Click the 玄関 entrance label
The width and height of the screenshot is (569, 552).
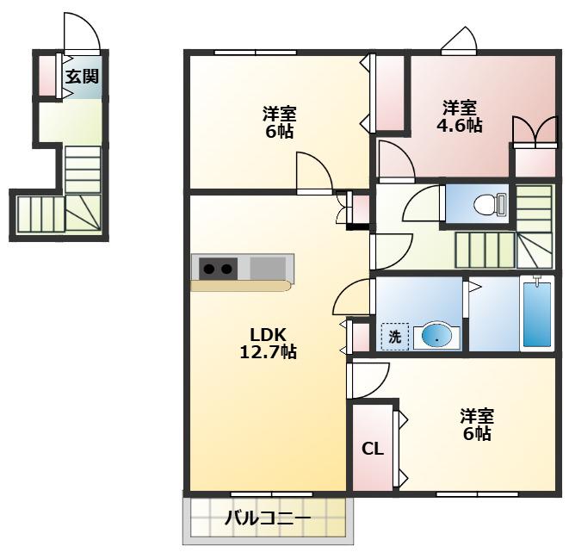tap(82, 77)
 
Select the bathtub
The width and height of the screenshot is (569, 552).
tap(537, 313)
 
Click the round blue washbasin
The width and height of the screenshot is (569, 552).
tap(437, 338)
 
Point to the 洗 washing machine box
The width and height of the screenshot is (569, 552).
tap(395, 337)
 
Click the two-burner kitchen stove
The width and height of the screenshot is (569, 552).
tap(218, 269)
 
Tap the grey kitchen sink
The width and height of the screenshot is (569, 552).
tap(268, 268)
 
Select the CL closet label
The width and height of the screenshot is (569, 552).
tap(373, 450)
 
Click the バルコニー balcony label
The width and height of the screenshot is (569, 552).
tap(268, 518)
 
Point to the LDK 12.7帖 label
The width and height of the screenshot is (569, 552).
tap(269, 343)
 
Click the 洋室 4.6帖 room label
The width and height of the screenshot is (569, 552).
tap(459, 116)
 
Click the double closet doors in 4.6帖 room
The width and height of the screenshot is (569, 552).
tap(535, 131)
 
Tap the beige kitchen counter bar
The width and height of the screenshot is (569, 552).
tap(241, 286)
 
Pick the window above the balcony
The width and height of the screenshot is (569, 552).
tap(272, 494)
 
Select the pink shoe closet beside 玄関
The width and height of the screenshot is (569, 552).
tap(46, 75)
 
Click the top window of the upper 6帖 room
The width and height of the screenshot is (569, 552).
tap(256, 53)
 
